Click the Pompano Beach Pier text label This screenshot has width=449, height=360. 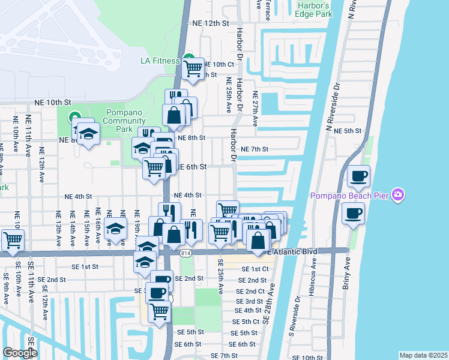point(348,196)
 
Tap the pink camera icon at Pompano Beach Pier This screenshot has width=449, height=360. point(397,194)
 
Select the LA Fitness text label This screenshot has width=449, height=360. point(160,61)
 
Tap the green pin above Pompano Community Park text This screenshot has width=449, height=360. point(74,118)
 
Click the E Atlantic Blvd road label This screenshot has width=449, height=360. point(300,250)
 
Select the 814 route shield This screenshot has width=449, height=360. point(184,254)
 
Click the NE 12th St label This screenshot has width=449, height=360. point(211,23)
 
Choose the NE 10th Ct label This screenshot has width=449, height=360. point(218,64)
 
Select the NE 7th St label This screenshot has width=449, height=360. point(254,149)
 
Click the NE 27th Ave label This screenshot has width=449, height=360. point(255,108)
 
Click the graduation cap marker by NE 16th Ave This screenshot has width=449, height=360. point(116,229)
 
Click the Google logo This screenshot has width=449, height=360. point(20,353)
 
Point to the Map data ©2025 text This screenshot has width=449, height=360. point(423,355)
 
